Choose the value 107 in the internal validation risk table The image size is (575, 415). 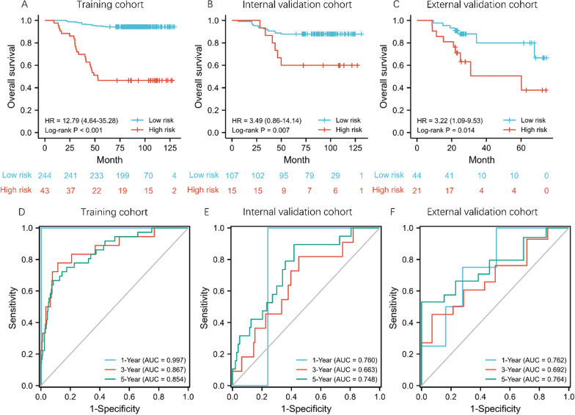pos(233,177)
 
